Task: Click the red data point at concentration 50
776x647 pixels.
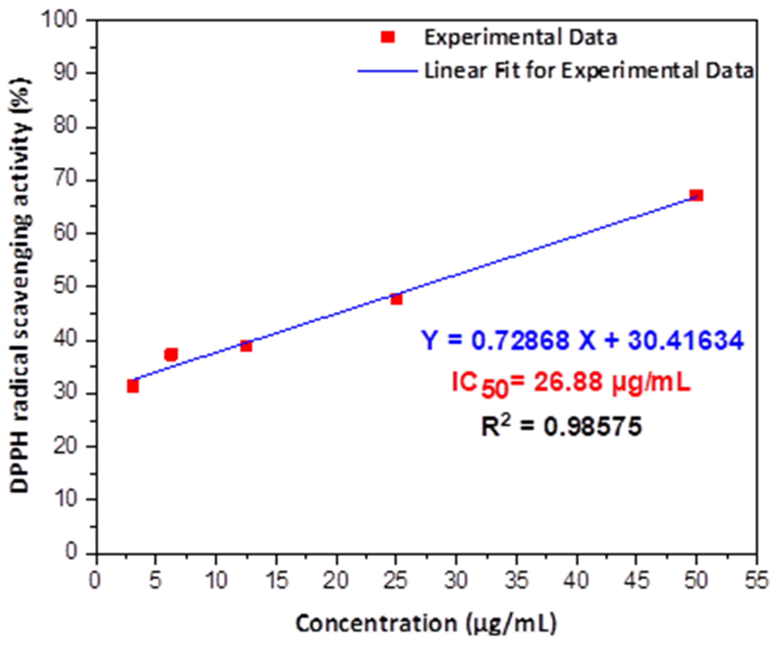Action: (696, 195)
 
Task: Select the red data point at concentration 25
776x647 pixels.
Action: (396, 299)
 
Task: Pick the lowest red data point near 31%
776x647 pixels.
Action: (133, 386)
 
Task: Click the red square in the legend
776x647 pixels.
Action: (388, 37)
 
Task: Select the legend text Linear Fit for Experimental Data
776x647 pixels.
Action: (588, 71)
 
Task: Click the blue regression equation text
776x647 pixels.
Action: (582, 340)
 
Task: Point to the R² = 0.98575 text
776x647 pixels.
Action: (561, 426)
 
